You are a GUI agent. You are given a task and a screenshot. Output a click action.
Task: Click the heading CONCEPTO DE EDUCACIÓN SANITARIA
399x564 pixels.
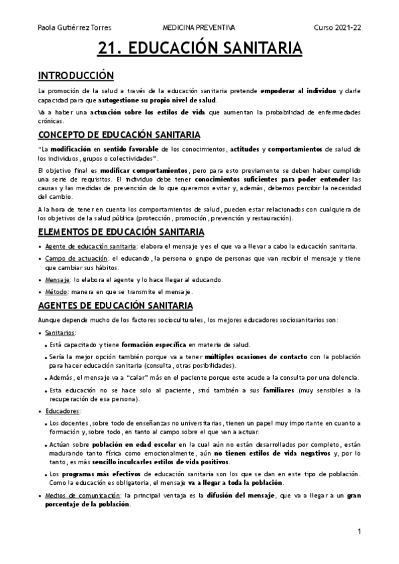tap(115, 134)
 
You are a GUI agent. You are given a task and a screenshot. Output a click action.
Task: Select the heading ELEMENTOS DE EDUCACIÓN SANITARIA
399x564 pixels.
tap(121, 231)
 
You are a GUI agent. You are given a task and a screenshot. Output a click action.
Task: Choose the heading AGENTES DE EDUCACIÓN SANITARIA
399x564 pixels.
tap(115, 305)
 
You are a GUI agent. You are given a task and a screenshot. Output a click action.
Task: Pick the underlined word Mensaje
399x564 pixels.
tap(58, 279)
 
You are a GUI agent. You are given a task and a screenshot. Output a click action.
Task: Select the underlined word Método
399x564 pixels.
tap(57, 292)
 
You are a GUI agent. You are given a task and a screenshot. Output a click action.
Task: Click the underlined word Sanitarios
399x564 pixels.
tap(61, 332)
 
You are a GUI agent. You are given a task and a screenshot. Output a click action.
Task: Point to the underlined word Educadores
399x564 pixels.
tap(63, 411)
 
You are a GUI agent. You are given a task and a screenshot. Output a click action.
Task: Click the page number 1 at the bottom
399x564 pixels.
tap(359, 531)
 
